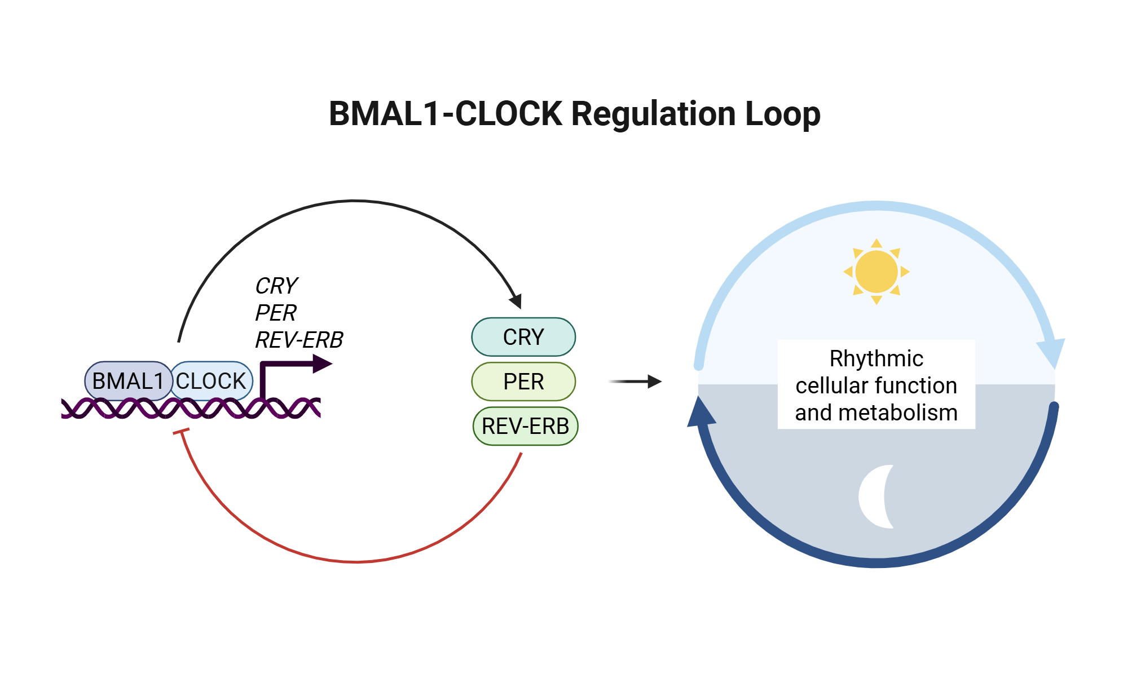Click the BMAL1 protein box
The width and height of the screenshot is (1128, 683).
(x=127, y=381)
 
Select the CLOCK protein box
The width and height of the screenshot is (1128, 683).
(x=211, y=381)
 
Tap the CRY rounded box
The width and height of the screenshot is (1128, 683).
(x=523, y=337)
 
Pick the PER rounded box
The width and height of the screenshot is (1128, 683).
(x=523, y=382)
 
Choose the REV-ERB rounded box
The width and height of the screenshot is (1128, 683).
(x=525, y=426)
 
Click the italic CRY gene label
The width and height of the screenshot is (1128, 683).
(x=276, y=286)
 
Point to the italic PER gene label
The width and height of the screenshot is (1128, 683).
(x=276, y=313)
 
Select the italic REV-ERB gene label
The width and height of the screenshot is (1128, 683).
(x=299, y=340)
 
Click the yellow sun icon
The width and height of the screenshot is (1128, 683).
(x=876, y=272)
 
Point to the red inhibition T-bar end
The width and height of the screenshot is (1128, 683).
(x=181, y=432)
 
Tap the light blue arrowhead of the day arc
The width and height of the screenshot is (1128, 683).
(x=1052, y=352)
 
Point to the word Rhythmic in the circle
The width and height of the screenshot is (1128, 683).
(x=876, y=358)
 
